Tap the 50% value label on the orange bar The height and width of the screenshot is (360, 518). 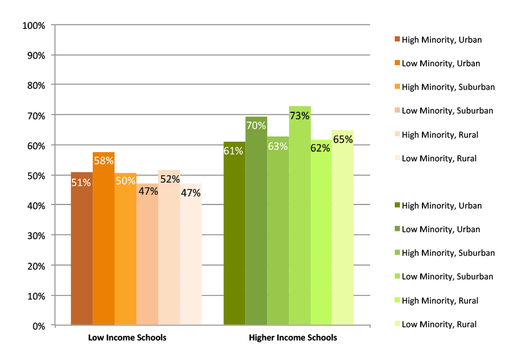point(125,181)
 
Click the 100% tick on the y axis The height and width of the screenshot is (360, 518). point(33,25)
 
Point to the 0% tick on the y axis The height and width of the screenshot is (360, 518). point(37,325)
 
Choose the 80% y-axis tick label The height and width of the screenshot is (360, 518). point(35,85)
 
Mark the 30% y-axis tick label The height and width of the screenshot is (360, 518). point(35,236)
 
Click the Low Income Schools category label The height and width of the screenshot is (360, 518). point(127,338)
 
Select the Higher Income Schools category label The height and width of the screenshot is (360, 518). point(293,338)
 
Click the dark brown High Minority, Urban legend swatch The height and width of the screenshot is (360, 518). point(397,40)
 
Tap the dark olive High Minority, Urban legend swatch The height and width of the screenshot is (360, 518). point(397,206)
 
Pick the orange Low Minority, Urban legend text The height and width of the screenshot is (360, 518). point(441,63)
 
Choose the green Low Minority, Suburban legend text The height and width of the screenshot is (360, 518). point(447,276)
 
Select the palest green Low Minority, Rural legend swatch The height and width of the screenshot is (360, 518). point(397,324)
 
